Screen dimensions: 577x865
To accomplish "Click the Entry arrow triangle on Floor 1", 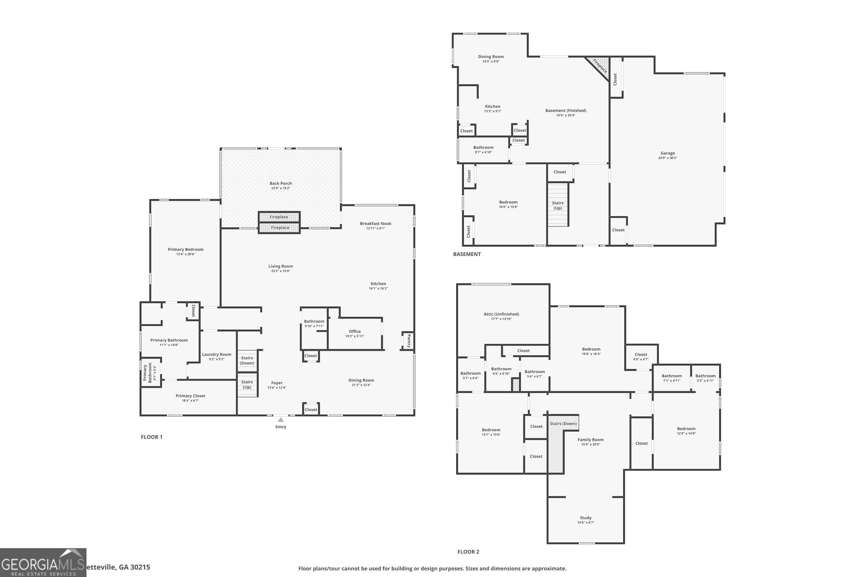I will (281, 420).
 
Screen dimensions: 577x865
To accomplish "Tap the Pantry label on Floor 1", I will (409, 341).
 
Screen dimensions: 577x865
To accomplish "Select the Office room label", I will (355, 331).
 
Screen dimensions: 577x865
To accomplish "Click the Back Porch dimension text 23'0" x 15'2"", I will (281, 188).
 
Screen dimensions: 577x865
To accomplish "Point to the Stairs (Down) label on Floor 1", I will (247, 360).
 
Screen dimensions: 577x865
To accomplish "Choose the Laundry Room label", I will (217, 354).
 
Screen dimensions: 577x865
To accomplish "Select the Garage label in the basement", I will (667, 153).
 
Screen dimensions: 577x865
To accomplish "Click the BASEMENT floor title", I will (467, 254).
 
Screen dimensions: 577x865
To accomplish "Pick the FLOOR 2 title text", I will (468, 552).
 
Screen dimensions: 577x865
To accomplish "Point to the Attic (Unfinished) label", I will (501, 314).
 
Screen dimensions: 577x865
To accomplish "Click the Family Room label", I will (590, 439).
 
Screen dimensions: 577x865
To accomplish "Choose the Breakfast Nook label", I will (375, 223).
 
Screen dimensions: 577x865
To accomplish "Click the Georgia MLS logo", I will (43, 562).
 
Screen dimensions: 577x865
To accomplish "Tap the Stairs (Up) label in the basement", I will (558, 205).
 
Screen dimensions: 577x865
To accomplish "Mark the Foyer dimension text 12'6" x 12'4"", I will (277, 387).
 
